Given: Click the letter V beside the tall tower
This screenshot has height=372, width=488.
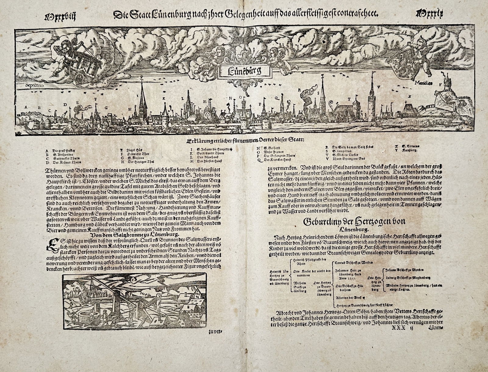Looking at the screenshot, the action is click(x=378, y=87).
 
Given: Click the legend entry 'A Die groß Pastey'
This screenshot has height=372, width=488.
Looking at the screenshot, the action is click(x=59, y=150).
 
